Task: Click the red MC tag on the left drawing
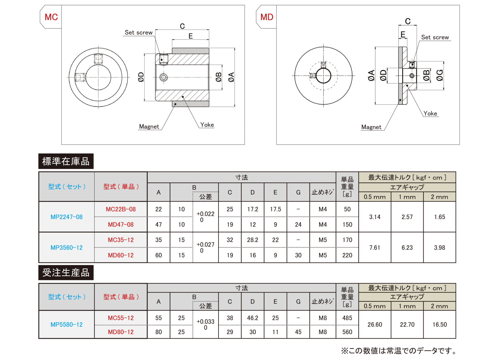point(51,17)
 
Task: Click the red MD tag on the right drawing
point(267,17)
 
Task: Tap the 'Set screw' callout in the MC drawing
point(138,33)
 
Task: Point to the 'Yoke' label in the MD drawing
point(430,114)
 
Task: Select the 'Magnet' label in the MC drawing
point(149,127)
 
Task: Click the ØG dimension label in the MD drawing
point(440,75)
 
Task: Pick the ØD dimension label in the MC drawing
point(141,77)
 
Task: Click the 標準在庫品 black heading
point(66,161)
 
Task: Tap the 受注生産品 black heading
point(66,273)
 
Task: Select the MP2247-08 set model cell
point(67,217)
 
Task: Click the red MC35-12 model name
point(121,240)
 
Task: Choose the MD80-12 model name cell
point(121,332)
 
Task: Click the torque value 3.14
point(375,217)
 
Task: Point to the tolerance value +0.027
point(205,245)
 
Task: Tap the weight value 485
point(347,318)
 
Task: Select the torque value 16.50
point(440,325)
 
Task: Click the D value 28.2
point(253,240)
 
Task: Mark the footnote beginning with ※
point(399,351)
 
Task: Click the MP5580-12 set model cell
point(67,325)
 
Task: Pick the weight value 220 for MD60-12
point(347,255)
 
